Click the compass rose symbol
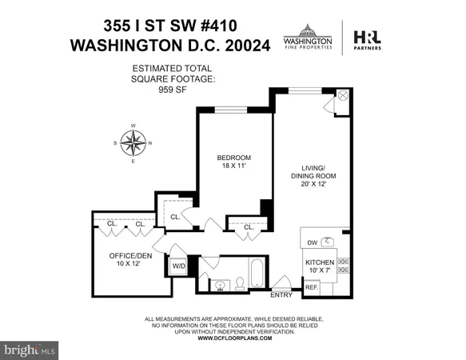pos(133,143)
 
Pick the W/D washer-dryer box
pos(178,266)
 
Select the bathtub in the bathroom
pos(257,274)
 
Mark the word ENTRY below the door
pos(281,296)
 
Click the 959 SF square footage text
pos(173,90)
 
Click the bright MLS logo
pos(30,350)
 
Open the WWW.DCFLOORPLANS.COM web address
pos(233,338)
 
